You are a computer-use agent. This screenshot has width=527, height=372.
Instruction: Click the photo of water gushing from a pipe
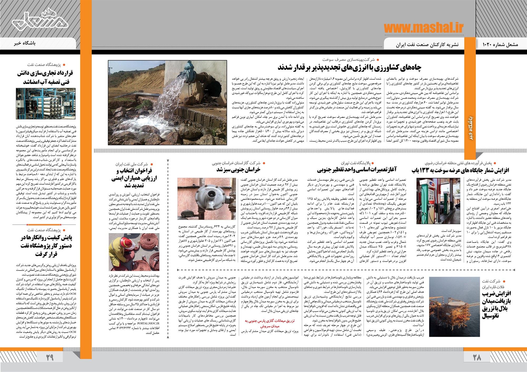(167, 103)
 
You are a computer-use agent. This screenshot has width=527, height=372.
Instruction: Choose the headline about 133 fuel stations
(461, 170)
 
